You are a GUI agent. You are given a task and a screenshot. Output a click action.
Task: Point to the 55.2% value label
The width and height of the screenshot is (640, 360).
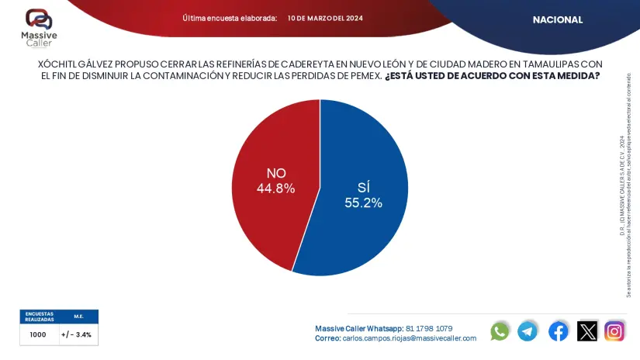pyautogui.click(x=364, y=202)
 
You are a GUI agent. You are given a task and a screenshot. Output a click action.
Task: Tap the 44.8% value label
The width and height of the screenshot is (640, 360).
pyautogui.click(x=275, y=188)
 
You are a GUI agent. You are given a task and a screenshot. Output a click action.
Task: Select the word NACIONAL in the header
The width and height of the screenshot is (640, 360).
pyautogui.click(x=557, y=20)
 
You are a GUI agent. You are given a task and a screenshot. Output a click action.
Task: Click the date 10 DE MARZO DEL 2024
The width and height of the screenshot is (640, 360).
pyautogui.click(x=324, y=18)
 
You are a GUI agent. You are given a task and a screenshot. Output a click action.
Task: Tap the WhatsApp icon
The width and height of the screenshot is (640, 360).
pyautogui.click(x=500, y=331)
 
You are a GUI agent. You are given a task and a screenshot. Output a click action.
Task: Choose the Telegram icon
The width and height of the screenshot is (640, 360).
pyautogui.click(x=528, y=331)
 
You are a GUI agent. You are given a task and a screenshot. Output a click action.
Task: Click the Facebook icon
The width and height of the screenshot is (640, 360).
pyautogui.click(x=558, y=331)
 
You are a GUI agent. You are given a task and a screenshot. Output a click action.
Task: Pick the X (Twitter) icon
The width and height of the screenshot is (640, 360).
pyautogui.click(x=587, y=331)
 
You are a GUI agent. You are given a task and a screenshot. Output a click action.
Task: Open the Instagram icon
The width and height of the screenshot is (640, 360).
pyautogui.click(x=615, y=331)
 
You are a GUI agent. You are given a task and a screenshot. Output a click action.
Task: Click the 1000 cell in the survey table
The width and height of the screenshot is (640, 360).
pyautogui.click(x=38, y=335)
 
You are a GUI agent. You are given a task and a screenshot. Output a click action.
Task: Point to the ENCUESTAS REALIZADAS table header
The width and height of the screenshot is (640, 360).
pyautogui.click(x=39, y=317)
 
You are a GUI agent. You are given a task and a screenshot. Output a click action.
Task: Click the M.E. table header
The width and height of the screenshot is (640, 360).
pyautogui.click(x=78, y=317)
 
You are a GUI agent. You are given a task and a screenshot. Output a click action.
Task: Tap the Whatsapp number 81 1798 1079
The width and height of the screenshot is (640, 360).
pyautogui.click(x=429, y=328)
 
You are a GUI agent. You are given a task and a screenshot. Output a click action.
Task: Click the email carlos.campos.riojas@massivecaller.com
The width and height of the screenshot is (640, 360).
pyautogui.click(x=409, y=338)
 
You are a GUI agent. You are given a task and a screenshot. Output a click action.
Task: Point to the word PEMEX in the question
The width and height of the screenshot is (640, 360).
pyautogui.click(x=365, y=75)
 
